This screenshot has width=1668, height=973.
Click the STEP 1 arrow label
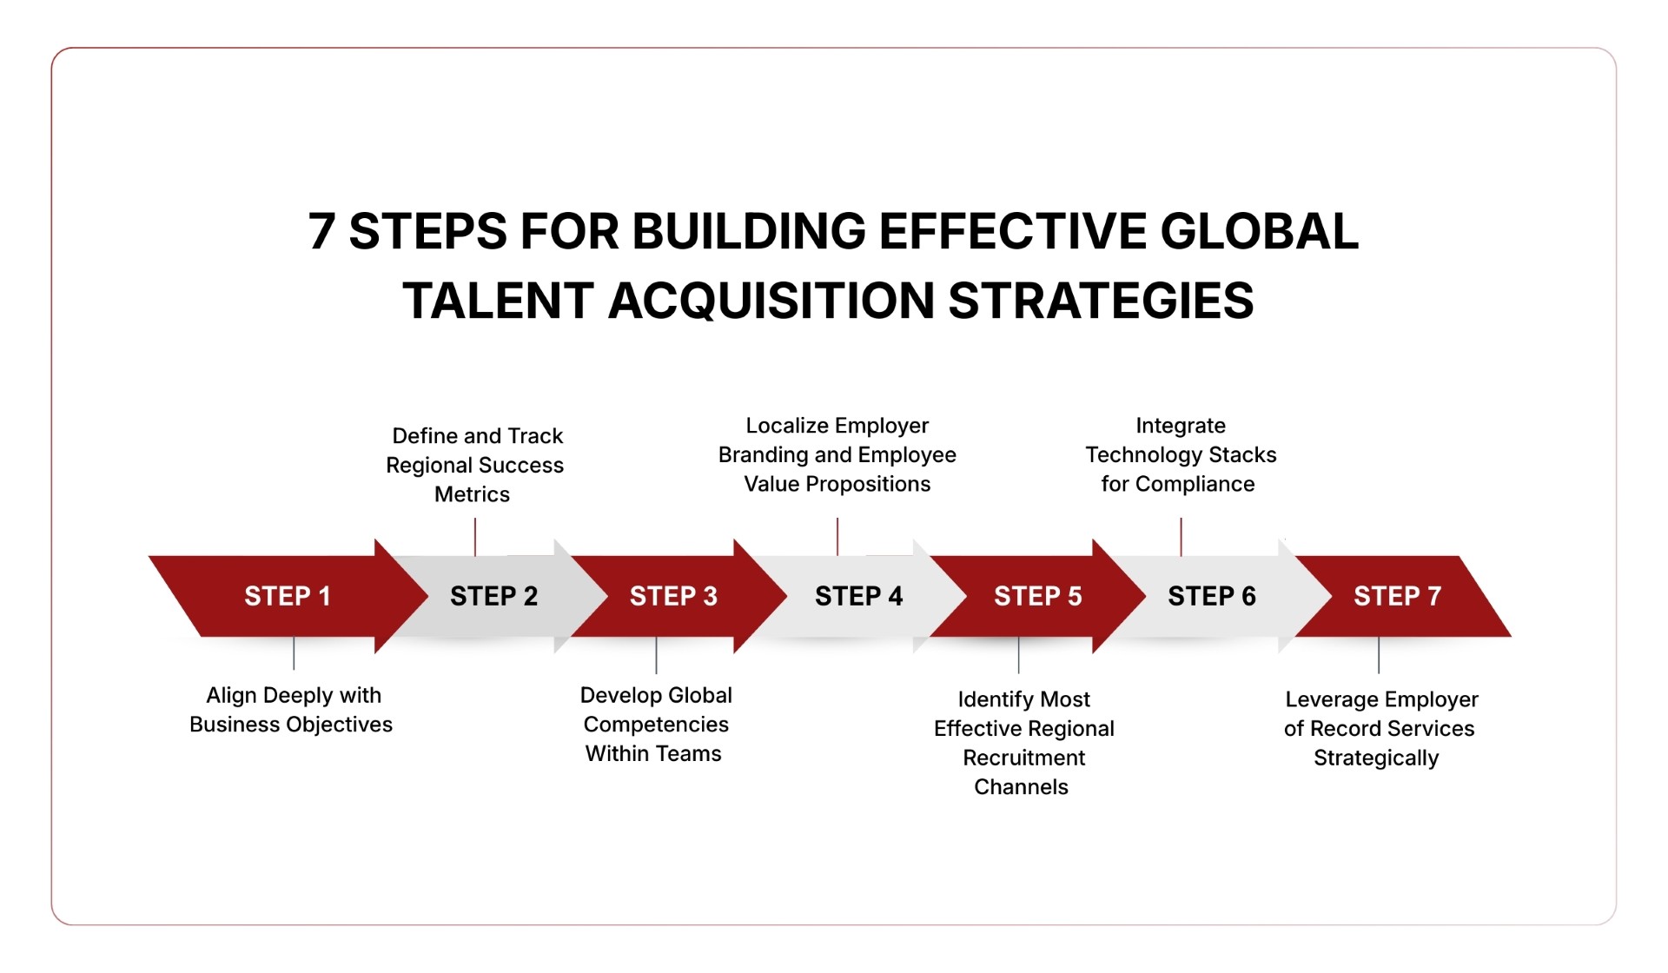288,596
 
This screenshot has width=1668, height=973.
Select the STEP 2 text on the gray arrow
493,596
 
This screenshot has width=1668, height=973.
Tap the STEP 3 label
673,596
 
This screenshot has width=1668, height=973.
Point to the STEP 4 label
858,596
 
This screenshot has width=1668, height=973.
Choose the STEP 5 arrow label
1037,596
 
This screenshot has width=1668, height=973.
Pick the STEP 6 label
1211,596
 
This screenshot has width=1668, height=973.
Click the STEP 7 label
1397,596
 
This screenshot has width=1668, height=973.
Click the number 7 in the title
321,232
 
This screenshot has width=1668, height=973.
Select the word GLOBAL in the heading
1259,232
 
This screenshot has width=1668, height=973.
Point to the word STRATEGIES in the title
1101,301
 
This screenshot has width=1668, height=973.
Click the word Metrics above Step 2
472,494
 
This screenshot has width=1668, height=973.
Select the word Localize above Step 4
786,426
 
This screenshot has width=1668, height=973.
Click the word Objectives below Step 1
339,725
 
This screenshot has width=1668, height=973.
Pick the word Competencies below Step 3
656,725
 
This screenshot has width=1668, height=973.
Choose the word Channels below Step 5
1021,787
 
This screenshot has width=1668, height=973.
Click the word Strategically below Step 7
1376,758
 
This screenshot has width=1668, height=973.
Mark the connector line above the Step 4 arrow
837,536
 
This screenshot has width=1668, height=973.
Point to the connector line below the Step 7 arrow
1379,655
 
